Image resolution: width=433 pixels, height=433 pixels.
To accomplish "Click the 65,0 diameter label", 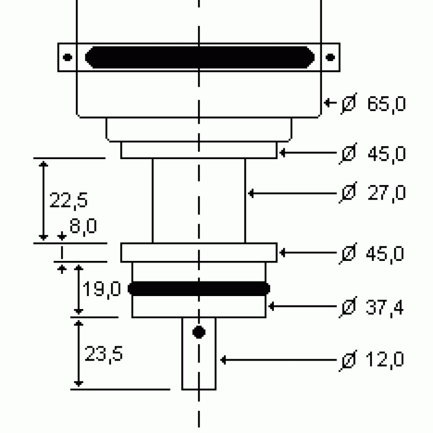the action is tap(386, 104).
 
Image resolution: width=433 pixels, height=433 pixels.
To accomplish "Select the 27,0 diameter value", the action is tap(386, 193).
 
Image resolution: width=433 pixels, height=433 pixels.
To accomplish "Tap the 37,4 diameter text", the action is tap(385, 307).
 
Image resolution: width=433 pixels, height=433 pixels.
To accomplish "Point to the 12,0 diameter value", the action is tap(385, 359).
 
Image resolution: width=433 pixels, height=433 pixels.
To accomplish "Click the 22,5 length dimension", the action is tap(68, 200).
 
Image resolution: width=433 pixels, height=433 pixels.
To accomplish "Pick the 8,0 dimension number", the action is tap(83, 226).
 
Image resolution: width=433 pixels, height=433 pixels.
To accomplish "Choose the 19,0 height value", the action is tap(102, 289).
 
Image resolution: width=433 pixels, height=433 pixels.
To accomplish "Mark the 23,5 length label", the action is tap(103, 354).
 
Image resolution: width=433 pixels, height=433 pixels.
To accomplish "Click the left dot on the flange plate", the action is tap(68, 57).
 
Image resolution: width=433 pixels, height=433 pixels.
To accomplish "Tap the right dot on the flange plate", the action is tap(330, 57).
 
